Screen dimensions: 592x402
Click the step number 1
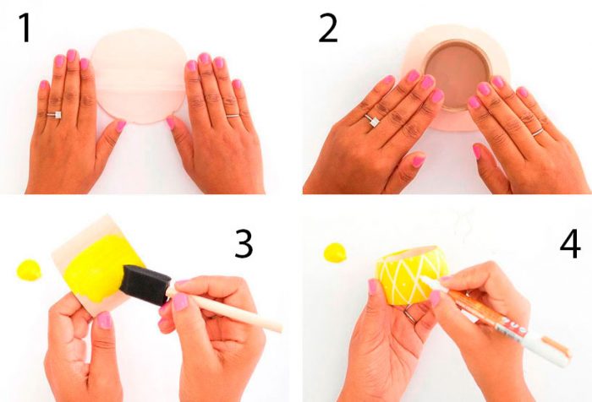25,28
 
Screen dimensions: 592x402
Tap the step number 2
328,28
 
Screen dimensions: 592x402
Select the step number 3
244,244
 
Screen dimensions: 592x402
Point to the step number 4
570,244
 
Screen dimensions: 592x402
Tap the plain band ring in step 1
233,116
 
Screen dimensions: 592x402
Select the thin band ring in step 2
538,132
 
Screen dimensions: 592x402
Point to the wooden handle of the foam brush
226,311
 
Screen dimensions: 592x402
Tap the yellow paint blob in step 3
29,270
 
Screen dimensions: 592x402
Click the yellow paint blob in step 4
335,253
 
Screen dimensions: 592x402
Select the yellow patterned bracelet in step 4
412,274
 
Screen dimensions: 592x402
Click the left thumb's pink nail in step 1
121,126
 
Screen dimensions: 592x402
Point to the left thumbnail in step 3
105,320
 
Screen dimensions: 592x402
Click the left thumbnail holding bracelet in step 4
373,286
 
